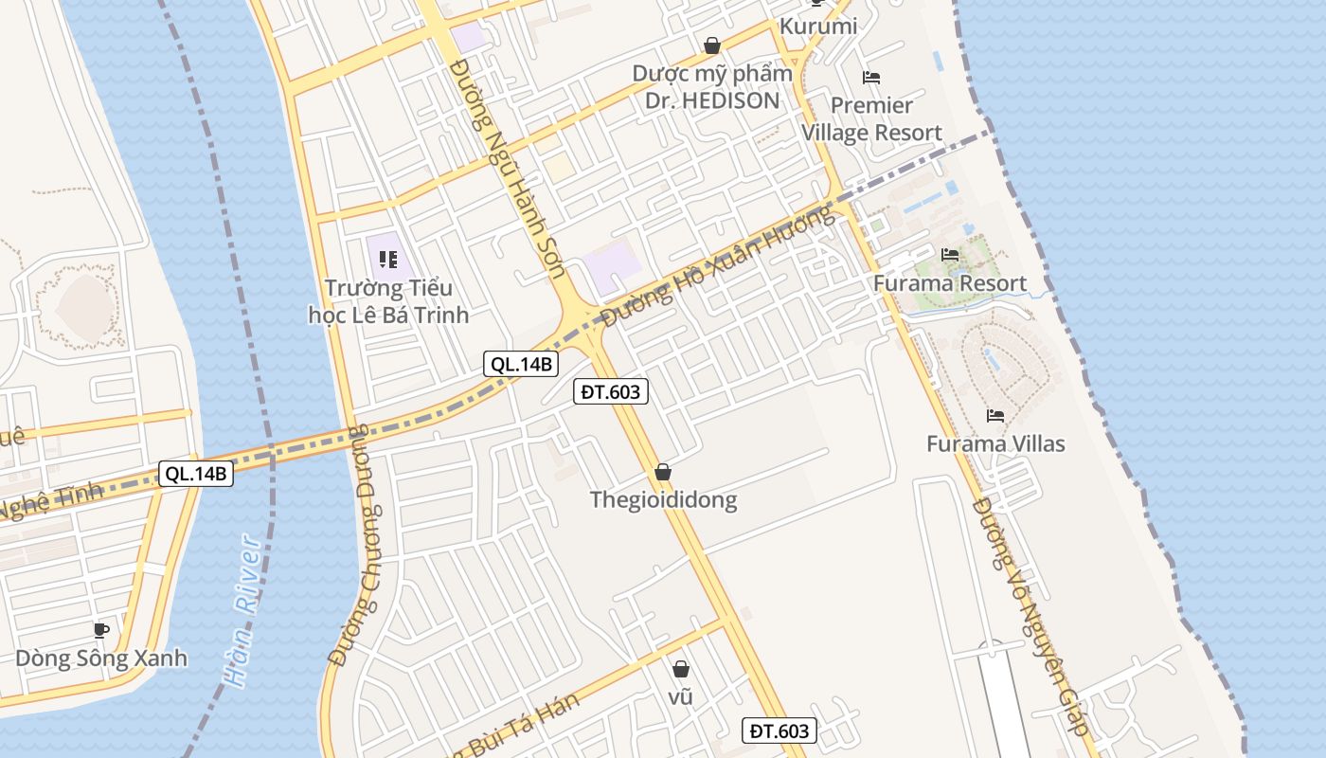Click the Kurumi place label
pyautogui.click(x=817, y=27)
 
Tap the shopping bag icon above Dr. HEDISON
pyautogui.click(x=712, y=45)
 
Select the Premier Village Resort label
pyautogui.click(x=872, y=118)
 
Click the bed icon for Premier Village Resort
pyautogui.click(x=871, y=78)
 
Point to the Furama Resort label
pyautogui.click(x=949, y=283)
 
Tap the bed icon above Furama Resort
pyautogui.click(x=949, y=254)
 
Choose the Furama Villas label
pyautogui.click(x=995, y=443)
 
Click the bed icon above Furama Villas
pyautogui.click(x=995, y=415)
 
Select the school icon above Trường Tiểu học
pyautogui.click(x=386, y=259)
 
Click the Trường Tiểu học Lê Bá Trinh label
pyautogui.click(x=388, y=301)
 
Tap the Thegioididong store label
pyautogui.click(x=663, y=499)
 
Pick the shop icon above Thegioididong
pyautogui.click(x=663, y=472)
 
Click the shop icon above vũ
pyautogui.click(x=680, y=669)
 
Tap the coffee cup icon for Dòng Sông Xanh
pyautogui.click(x=101, y=629)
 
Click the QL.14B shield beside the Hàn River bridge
pyautogui.click(x=195, y=474)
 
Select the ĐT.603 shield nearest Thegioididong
pyautogui.click(x=611, y=391)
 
